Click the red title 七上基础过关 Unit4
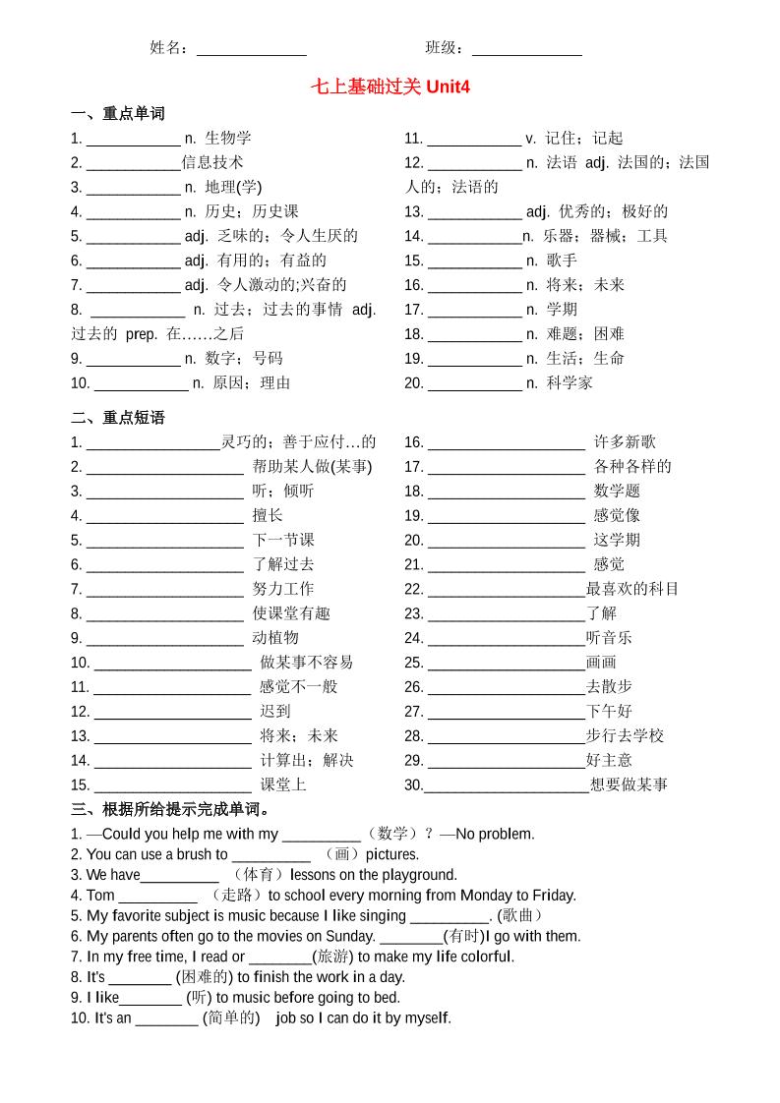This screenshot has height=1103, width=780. point(390,87)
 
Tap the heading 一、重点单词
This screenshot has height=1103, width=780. point(118,114)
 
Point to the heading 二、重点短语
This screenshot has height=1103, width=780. point(118,418)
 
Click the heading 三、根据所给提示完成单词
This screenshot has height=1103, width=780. point(171,810)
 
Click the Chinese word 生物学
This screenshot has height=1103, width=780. point(228,139)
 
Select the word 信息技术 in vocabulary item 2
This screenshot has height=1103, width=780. point(212,163)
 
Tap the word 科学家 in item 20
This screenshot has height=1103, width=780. point(570,383)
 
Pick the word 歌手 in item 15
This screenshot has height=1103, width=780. point(563,261)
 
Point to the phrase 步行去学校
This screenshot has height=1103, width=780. point(626,735)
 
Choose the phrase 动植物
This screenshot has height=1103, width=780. point(275,638)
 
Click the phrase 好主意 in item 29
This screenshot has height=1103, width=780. point(610,760)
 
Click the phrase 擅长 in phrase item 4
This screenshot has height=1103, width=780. point(268,516)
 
